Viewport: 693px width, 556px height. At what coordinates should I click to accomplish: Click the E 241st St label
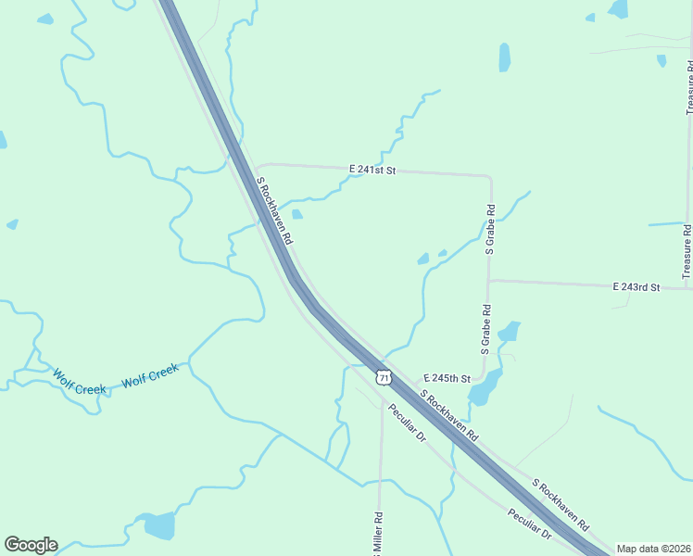tap(372, 171)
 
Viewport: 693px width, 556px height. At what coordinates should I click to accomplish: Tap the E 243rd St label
tap(636, 287)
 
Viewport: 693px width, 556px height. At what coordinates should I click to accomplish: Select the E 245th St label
tap(447, 379)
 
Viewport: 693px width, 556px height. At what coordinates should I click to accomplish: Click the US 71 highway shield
tap(384, 377)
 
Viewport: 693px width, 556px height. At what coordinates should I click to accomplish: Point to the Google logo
tap(31, 545)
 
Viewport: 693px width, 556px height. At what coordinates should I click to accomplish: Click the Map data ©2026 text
tap(654, 549)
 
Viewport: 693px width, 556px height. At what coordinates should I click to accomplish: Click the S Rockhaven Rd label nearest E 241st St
tap(274, 211)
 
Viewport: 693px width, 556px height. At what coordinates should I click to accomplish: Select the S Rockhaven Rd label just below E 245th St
tap(449, 414)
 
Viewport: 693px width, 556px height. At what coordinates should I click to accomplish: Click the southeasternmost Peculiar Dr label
tap(529, 524)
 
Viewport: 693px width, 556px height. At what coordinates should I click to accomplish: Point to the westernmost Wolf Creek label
tap(79, 382)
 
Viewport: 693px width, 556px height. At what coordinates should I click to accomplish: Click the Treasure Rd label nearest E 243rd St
tap(687, 251)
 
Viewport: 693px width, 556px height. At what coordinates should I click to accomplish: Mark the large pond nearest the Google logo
tap(158, 525)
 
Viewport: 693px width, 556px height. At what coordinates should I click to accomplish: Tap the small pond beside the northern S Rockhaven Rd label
tap(296, 214)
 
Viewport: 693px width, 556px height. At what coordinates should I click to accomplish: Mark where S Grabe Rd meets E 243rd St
tap(488, 280)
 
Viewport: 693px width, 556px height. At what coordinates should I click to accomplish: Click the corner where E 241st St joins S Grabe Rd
tap(489, 176)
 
